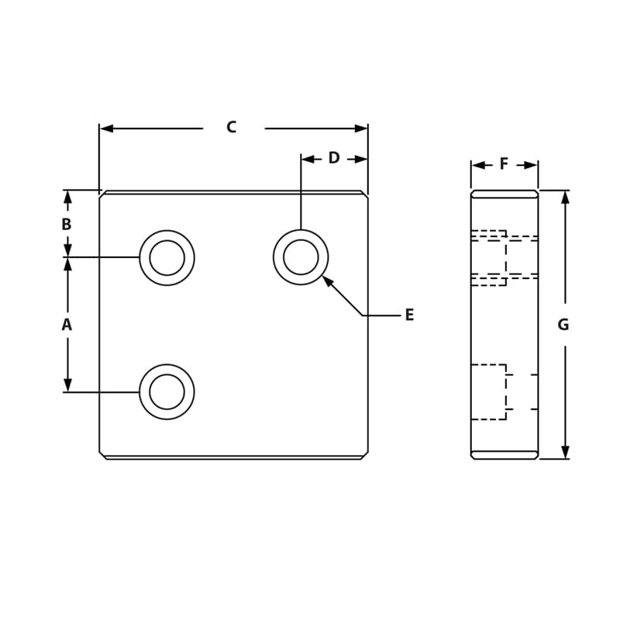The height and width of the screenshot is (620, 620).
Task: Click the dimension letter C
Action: pos(231,127)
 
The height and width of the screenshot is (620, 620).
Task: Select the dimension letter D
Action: pos(334,158)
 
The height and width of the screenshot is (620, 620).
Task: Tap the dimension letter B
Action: pos(67,224)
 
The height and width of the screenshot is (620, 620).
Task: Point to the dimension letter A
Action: pos(67,325)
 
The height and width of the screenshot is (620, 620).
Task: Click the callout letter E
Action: pos(409,315)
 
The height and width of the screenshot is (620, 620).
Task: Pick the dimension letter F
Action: pos(504,164)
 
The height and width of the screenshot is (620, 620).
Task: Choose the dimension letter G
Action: pos(563,325)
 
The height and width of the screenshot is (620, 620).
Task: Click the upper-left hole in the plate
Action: pos(167,257)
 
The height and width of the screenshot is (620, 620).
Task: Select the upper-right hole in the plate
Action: pos(301,257)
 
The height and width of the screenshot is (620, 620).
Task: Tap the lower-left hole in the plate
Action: pos(167,391)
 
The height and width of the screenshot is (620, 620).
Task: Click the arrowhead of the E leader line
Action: pos(327,280)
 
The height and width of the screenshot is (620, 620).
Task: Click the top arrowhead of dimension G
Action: pos(565,197)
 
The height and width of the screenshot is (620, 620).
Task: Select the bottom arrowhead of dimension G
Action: pos(565,452)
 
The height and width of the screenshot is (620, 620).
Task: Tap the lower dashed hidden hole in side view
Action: pos(490,391)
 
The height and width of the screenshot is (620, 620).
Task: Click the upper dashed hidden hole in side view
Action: pos(490,257)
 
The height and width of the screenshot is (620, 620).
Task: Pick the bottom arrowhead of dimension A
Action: pos(67,384)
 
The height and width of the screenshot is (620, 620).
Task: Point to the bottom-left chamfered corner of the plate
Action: pos(102,455)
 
